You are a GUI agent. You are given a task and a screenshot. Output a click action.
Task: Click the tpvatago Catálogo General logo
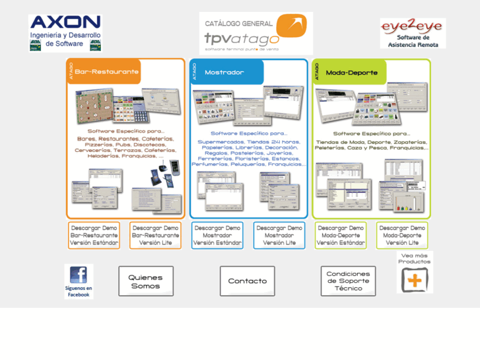coord(255,33)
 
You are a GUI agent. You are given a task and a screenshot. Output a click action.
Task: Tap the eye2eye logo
coord(413,33)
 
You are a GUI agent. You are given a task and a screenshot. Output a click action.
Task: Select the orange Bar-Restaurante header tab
coord(106,71)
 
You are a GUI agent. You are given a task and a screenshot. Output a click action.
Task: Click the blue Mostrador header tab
coord(226,72)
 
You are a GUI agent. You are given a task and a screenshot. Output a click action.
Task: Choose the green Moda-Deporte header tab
coord(350,72)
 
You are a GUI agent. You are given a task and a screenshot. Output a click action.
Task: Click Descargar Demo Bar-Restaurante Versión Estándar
coord(94,235)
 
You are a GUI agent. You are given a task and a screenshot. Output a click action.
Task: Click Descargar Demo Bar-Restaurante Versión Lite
coord(155,235)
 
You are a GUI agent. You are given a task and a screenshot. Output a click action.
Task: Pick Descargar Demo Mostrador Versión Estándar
coord(217,235)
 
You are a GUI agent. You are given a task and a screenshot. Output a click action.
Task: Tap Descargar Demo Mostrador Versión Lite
coord(279,235)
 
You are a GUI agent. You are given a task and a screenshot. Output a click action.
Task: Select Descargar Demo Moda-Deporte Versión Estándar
coord(341,235)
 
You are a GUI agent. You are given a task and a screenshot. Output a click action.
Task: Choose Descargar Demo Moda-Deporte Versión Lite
coord(402,235)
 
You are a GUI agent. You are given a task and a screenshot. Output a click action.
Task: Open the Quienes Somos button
coord(146,281)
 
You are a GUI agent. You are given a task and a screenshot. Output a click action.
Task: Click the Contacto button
coord(247,281)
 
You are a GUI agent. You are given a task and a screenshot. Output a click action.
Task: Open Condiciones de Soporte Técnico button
coord(348,281)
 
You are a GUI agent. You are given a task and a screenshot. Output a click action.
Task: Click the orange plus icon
coord(414,280)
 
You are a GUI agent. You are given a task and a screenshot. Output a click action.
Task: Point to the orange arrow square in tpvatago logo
coord(291,26)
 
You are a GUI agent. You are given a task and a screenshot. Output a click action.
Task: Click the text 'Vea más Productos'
coord(415,258)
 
